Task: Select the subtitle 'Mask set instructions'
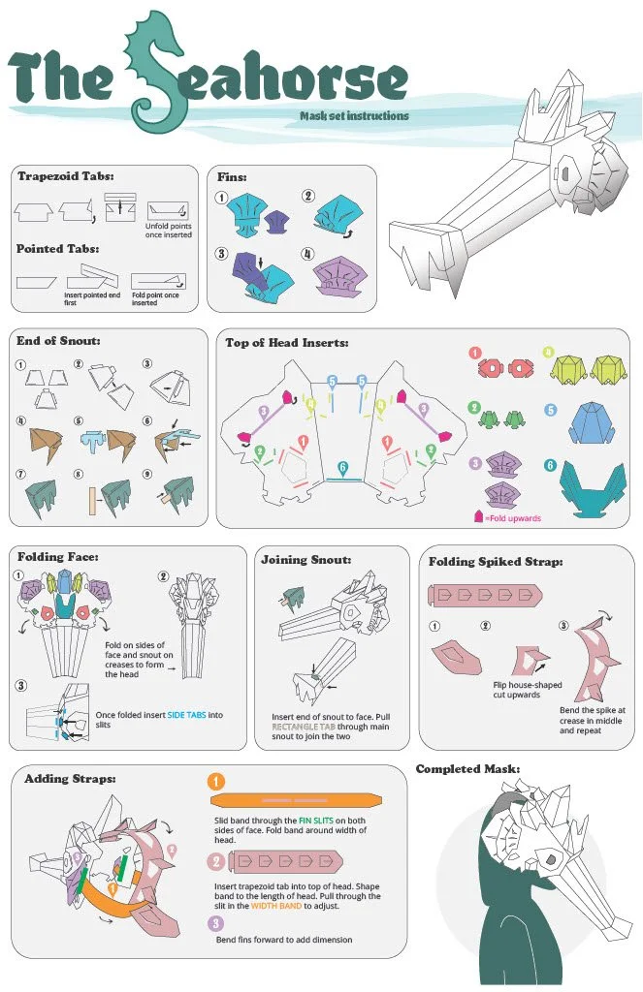click(x=354, y=116)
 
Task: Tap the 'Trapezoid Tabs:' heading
click(x=65, y=176)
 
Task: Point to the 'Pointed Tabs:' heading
click(x=58, y=249)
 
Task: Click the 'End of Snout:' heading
click(x=58, y=340)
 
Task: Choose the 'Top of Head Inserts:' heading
click(x=287, y=342)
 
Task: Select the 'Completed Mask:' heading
click(x=467, y=769)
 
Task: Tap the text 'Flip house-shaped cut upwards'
click(x=529, y=690)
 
